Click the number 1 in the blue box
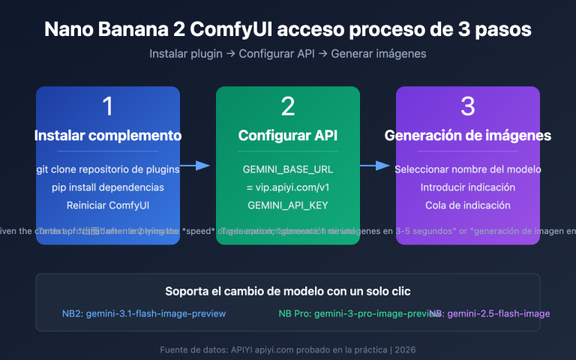[x=108, y=106]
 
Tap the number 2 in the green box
[x=288, y=106]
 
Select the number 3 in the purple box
[x=468, y=106]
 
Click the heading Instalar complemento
[x=108, y=136]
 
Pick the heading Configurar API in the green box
[x=288, y=136]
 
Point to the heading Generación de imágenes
[x=468, y=136]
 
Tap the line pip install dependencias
[x=108, y=187]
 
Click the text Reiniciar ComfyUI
[x=108, y=205]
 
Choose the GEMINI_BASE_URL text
[x=288, y=169]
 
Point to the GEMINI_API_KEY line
[x=288, y=205]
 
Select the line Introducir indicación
[x=468, y=187]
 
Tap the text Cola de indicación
[x=468, y=205]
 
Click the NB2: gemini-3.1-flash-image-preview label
[x=143, y=313]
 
